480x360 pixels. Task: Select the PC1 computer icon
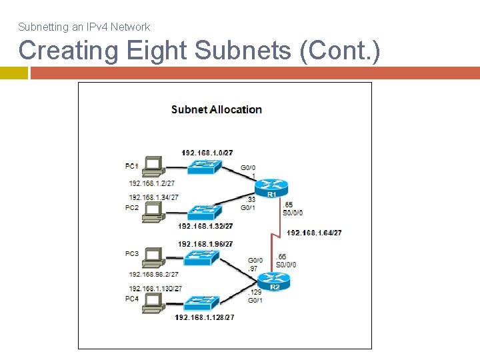coord(153,166)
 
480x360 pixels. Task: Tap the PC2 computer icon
coord(153,211)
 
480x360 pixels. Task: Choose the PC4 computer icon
coord(153,302)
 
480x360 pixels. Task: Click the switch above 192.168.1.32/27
coord(205,212)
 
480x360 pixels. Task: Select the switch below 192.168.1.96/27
coord(205,257)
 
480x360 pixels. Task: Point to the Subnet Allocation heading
coord(217,109)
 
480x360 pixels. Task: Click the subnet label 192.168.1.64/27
coord(315,233)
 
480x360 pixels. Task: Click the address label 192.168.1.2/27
coord(152,183)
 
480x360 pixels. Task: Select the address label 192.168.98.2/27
coord(154,274)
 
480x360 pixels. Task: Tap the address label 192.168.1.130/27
coord(155,288)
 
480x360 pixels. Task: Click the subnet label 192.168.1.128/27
coord(205,318)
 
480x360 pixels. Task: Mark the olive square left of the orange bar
coord(13,73)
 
